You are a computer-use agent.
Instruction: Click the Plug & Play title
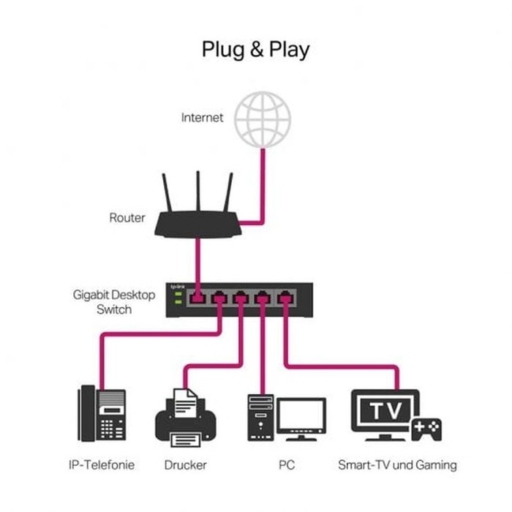(x=255, y=50)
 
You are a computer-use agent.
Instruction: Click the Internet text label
(x=203, y=117)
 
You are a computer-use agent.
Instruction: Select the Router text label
(x=127, y=217)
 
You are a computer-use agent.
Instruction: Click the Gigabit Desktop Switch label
(x=113, y=302)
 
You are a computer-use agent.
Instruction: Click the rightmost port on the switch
(x=285, y=298)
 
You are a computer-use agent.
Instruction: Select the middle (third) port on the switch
(x=241, y=298)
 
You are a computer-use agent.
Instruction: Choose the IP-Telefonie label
(x=102, y=464)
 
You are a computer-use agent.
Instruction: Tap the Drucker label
(x=186, y=464)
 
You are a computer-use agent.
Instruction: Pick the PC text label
(x=287, y=464)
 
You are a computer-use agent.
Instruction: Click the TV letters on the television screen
(x=385, y=411)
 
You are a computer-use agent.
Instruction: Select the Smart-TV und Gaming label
(x=397, y=464)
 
